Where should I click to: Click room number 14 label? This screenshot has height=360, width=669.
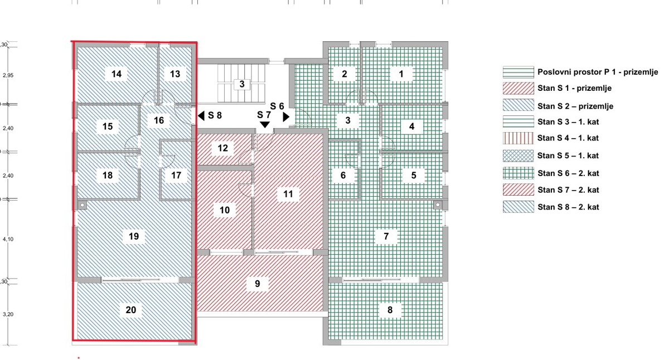coord(117,74)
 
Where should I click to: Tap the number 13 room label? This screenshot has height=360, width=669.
coord(175,74)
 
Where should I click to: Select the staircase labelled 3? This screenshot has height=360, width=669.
coord(242,84)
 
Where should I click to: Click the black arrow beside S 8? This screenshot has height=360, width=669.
coord(201,116)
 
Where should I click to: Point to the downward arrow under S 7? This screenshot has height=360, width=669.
coord(265,124)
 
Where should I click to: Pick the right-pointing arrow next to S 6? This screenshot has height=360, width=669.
coord(286,116)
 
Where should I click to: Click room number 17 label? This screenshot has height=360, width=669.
coord(176,175)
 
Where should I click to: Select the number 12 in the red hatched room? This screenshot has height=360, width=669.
coord(223,148)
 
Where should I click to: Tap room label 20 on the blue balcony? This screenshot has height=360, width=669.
coord(131,310)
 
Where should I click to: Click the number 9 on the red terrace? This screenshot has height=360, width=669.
coord(258,284)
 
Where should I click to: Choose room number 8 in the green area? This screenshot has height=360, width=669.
coord(390,310)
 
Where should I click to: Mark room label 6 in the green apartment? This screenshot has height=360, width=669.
coord(343,175)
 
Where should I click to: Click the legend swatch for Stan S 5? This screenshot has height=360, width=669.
coord(518,155)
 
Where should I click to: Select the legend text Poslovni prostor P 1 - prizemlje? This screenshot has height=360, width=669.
coord(598,72)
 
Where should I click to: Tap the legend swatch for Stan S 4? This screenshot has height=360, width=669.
coord(518,138)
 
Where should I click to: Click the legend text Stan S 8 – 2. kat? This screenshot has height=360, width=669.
coord(568,207)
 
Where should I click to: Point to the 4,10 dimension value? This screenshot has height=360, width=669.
coord(8,239)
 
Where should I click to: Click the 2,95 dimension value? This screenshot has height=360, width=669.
coord(8,75)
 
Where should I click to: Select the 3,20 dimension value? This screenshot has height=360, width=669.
coord(8,314)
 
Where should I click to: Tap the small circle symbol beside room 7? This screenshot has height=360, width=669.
coord(438,205)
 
